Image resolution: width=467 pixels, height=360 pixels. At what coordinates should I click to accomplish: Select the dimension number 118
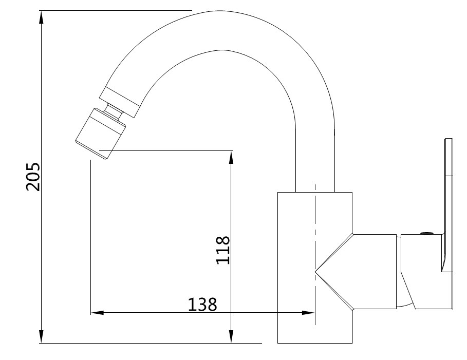coord(222,250)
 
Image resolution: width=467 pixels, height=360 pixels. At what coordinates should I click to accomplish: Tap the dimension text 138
coord(202,305)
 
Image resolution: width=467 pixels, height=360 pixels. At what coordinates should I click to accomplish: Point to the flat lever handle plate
coord(449,205)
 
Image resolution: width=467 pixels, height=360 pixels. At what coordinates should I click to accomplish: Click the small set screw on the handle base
coord(425,234)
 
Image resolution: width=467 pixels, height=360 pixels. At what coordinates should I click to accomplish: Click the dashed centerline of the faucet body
coord(314,231)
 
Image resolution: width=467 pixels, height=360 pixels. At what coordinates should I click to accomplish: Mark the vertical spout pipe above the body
coord(315,154)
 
